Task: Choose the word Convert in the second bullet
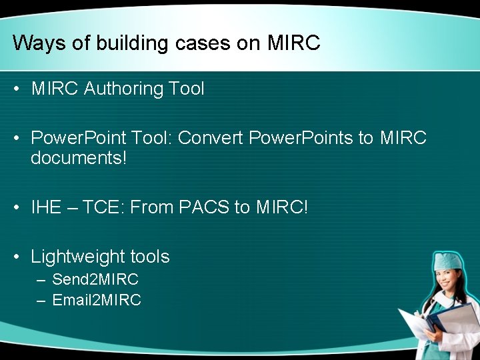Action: click(210, 138)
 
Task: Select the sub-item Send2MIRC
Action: click(95, 279)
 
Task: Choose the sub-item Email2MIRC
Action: click(96, 301)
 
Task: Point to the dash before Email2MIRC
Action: click(41, 301)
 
